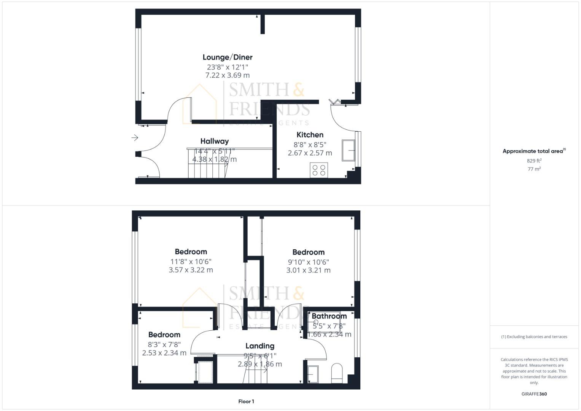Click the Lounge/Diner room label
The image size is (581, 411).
tap(227, 57)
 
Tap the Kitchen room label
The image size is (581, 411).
tap(310, 135)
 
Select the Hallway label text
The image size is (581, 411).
tap(214, 141)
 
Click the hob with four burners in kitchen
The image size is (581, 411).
tap(319, 170)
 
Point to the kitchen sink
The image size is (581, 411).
tap(348, 150)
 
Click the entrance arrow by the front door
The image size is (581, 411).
tap(135, 138)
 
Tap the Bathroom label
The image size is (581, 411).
tap(329, 316)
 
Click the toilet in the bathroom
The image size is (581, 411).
tap(337, 373)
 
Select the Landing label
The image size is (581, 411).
tap(259, 346)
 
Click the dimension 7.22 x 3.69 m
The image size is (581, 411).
tap(227, 75)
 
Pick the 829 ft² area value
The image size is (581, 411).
tap(534, 161)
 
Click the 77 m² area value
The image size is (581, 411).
tap(534, 169)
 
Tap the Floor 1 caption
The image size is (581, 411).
tap(246, 401)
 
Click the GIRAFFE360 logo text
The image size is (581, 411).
tap(534, 394)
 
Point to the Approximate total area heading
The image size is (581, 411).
tap(534, 151)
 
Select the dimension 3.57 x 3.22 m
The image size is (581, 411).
tap(191, 270)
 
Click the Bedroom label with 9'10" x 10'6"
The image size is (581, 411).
tap(308, 252)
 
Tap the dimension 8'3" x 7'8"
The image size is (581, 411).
tap(164, 344)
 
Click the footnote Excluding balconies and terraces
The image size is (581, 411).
tap(534, 337)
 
